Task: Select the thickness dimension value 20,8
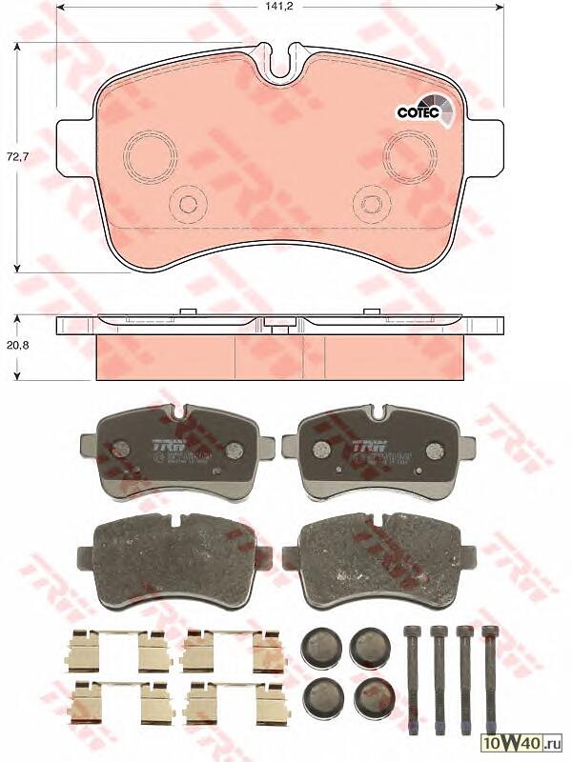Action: pos(19,347)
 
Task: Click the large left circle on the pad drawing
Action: pos(148,151)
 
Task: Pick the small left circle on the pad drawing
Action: pos(188,202)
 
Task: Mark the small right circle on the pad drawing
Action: pos(369,202)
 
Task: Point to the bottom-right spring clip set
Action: pos(235,704)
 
